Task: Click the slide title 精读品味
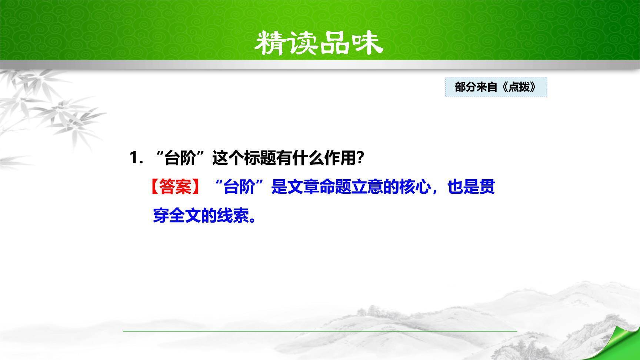[x=319, y=43]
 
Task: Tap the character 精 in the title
[x=271, y=43]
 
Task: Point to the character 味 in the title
[x=366, y=43]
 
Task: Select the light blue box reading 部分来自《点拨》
[x=496, y=87]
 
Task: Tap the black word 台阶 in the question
[x=180, y=159]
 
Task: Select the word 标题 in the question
[x=260, y=159]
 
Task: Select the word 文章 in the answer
[x=295, y=187]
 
